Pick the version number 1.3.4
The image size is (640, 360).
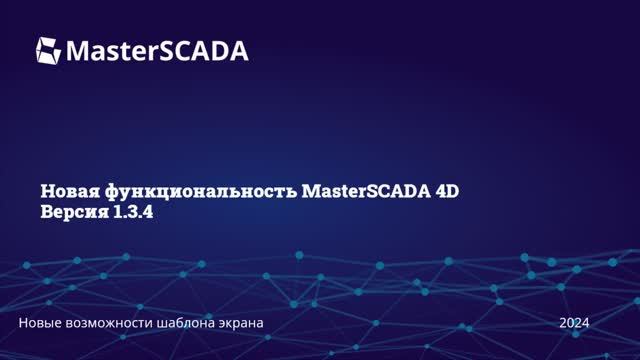tap(140, 214)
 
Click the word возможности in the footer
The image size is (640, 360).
tap(122, 323)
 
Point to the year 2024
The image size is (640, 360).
tap(574, 323)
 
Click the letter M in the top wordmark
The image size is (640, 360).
tap(79, 50)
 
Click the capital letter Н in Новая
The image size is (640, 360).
tap(47, 191)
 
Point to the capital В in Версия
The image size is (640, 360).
tap(47, 214)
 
